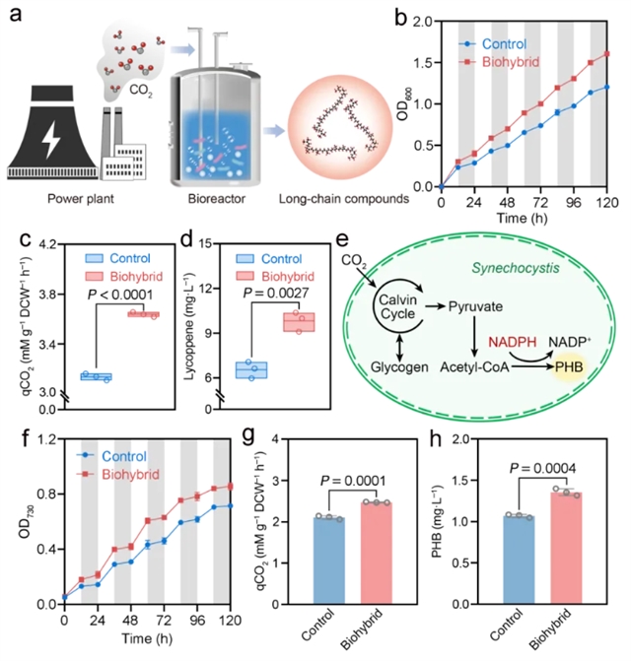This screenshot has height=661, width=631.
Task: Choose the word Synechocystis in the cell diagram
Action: [511, 262]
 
